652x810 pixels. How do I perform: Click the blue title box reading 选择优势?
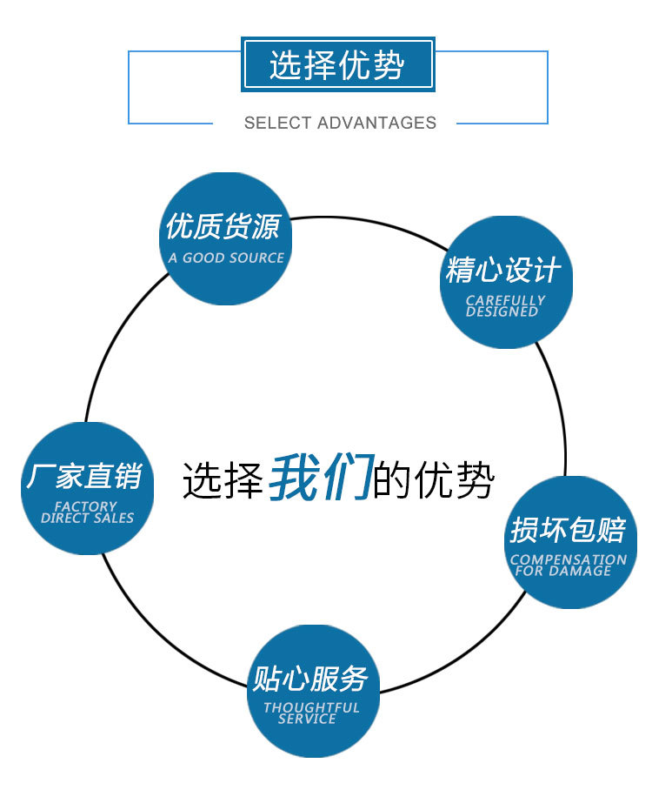(x=337, y=65)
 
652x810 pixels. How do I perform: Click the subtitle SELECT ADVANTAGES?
(x=340, y=123)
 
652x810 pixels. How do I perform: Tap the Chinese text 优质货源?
(x=223, y=227)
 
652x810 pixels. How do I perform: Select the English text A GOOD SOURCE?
(x=226, y=258)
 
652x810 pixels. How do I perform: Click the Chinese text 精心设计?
(x=503, y=270)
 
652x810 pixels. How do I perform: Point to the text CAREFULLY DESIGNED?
(x=505, y=305)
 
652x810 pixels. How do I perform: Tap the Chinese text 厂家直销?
(x=83, y=476)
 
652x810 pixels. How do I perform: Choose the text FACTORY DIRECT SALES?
(x=87, y=512)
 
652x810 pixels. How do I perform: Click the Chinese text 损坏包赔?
(x=568, y=529)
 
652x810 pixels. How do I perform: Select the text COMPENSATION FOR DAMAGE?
(x=568, y=565)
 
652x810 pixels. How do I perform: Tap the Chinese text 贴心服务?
(x=310, y=678)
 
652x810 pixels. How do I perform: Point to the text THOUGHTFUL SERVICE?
(x=311, y=713)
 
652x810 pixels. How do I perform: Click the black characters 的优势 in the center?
(x=434, y=479)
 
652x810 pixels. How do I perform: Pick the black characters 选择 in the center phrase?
(x=223, y=479)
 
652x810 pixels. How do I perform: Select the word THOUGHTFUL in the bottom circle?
(x=311, y=708)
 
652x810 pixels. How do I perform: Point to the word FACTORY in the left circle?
(x=85, y=506)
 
